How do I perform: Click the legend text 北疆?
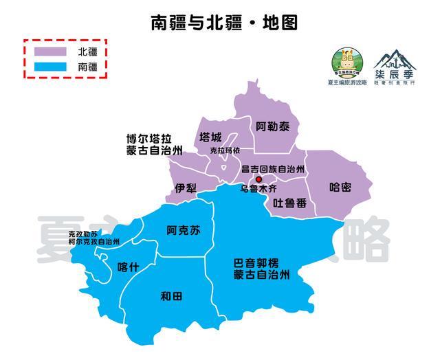[88, 52]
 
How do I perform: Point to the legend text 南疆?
[88, 67]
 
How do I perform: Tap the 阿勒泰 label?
[272, 127]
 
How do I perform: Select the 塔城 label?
[210, 136]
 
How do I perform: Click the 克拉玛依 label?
[225, 150]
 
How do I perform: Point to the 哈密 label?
[340, 187]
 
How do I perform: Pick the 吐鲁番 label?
[289, 203]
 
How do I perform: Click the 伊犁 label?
[186, 188]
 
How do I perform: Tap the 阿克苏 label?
[184, 231]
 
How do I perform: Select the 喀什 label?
[129, 267]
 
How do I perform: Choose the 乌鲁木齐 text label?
[258, 188]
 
